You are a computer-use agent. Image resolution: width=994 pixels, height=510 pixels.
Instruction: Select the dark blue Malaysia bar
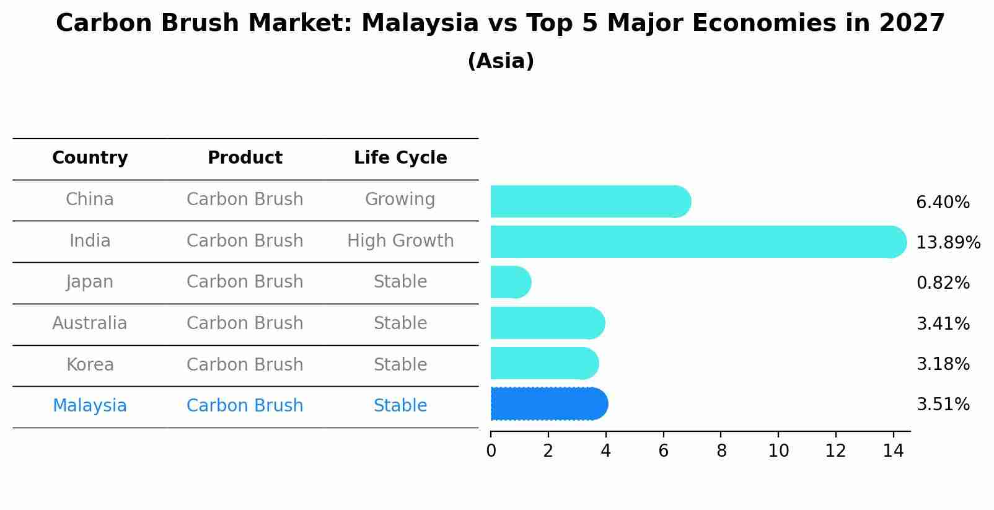(x=548, y=404)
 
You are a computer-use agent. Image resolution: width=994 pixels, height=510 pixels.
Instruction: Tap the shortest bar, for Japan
(x=510, y=283)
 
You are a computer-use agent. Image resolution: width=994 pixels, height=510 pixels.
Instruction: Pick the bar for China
(x=589, y=201)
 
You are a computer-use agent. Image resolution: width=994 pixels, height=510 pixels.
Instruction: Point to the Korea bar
(x=544, y=363)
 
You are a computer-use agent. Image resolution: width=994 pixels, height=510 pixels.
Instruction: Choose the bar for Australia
(x=547, y=323)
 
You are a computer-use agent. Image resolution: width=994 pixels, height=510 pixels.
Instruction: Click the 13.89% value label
(x=948, y=242)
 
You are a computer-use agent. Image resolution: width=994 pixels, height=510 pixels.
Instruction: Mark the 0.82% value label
(x=943, y=283)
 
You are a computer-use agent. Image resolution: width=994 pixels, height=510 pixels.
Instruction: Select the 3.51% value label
(x=943, y=405)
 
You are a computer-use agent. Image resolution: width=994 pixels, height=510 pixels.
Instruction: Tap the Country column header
(x=90, y=158)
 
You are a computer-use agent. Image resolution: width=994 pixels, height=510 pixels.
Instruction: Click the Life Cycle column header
(x=400, y=158)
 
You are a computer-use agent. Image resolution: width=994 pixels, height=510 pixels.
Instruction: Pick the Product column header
(x=245, y=158)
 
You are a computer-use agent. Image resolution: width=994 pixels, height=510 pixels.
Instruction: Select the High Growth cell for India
(x=400, y=240)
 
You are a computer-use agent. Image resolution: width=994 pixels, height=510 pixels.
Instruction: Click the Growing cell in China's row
(x=400, y=200)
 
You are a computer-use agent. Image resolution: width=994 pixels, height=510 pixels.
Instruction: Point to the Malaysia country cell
(x=90, y=406)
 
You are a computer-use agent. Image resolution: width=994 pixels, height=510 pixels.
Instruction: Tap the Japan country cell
(x=90, y=282)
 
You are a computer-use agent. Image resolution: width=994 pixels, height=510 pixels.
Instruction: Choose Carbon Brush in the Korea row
(x=245, y=364)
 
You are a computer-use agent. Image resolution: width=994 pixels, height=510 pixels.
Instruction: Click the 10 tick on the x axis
(x=778, y=451)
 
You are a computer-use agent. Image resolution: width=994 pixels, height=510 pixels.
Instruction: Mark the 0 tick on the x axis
(x=491, y=451)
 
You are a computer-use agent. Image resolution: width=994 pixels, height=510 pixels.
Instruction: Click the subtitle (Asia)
(x=501, y=61)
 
